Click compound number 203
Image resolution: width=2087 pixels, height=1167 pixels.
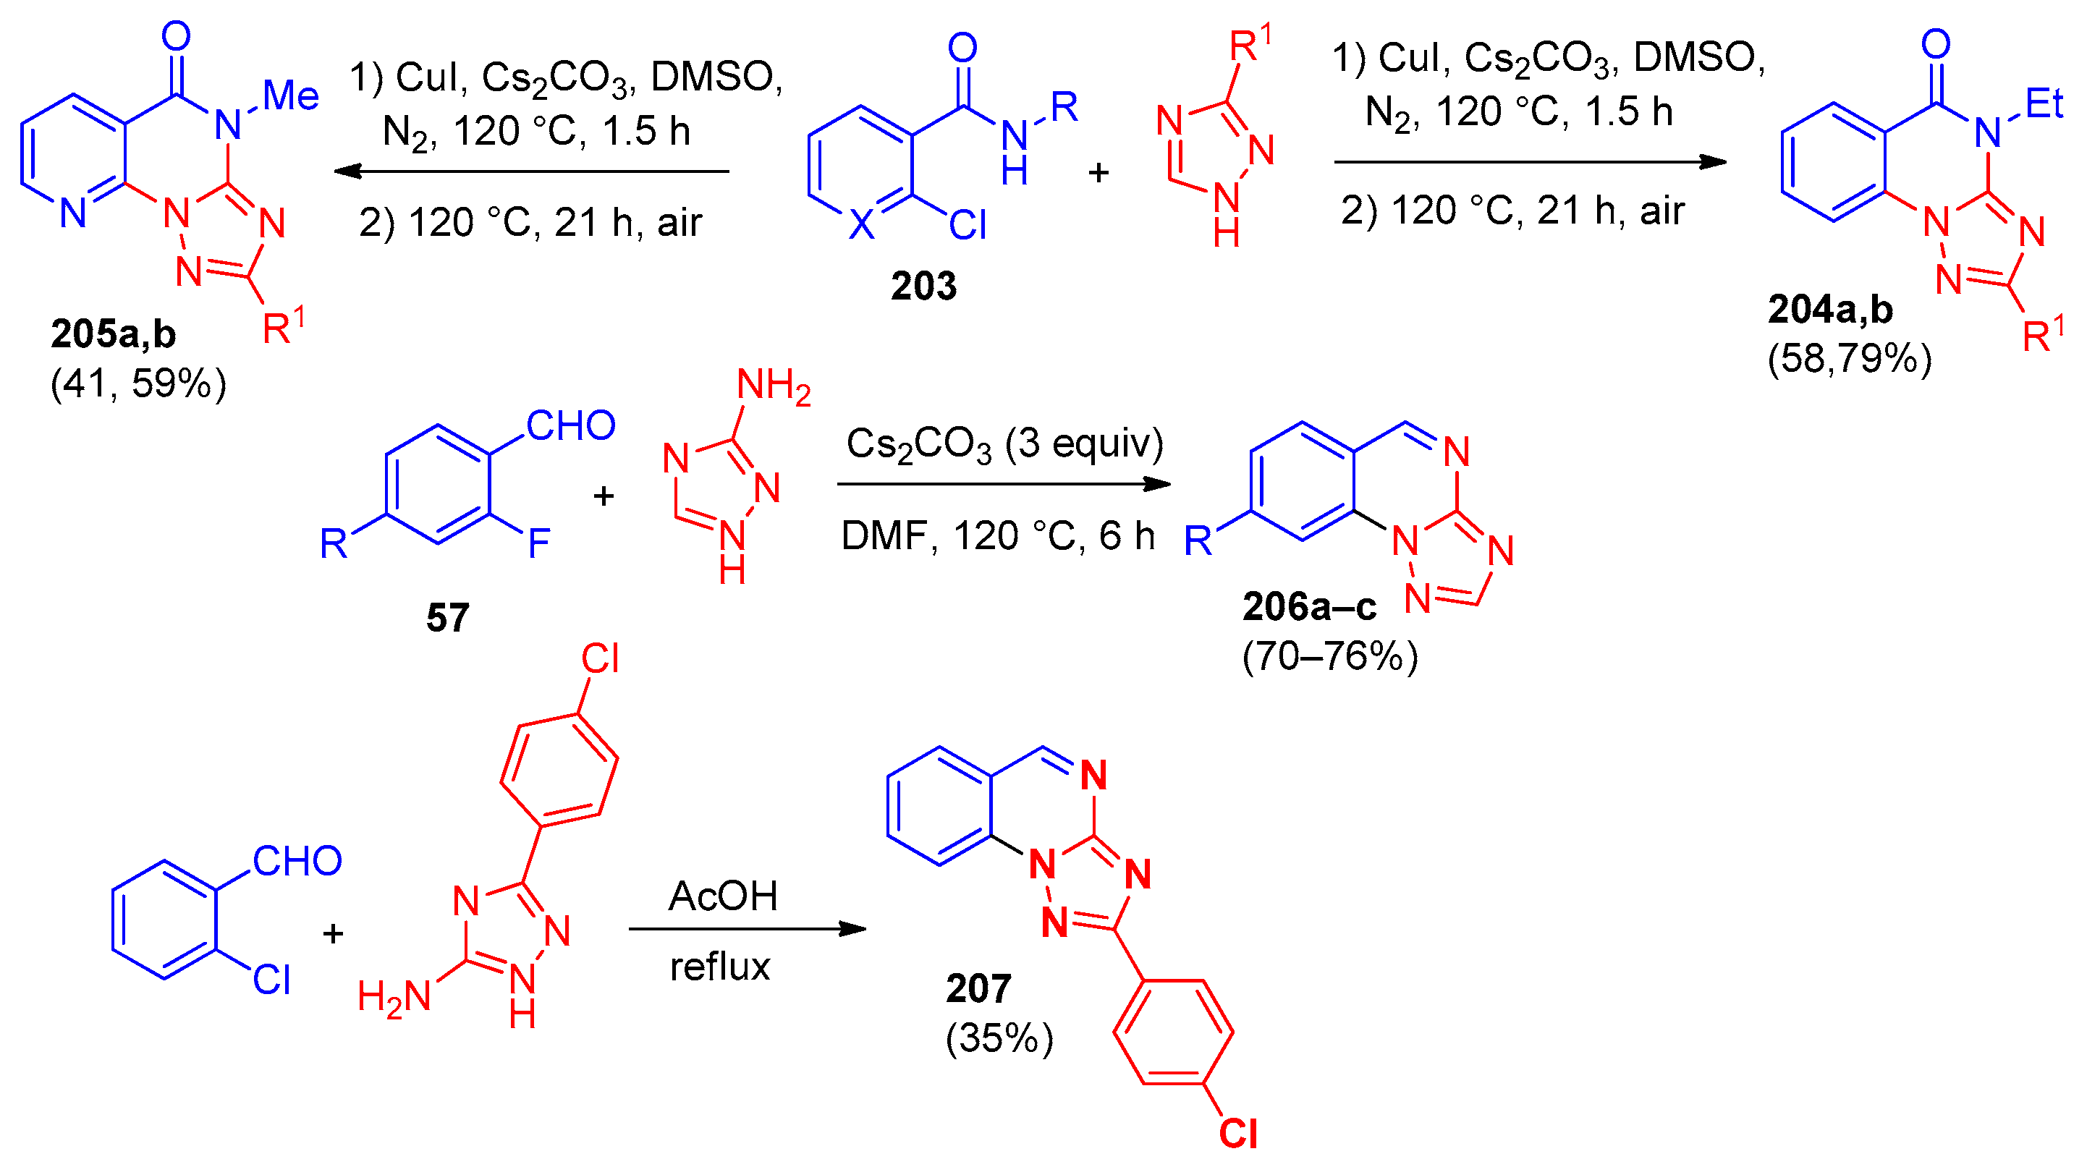(x=923, y=286)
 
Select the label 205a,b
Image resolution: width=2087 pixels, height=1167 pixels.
(x=113, y=334)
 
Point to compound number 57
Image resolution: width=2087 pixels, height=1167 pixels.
(x=447, y=618)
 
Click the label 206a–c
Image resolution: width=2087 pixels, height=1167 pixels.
(x=1309, y=606)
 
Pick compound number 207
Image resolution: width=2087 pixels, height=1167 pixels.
(x=978, y=988)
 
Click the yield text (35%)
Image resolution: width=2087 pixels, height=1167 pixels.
(x=999, y=1038)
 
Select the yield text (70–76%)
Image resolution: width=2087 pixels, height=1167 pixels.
(x=1330, y=656)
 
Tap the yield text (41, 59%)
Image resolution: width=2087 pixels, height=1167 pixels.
(x=138, y=383)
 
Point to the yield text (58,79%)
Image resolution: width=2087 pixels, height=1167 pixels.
(x=1850, y=358)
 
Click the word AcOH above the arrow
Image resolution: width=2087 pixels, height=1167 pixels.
(x=723, y=896)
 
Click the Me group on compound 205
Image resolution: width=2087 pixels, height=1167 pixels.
(x=291, y=96)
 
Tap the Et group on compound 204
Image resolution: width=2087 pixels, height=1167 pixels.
(x=2044, y=103)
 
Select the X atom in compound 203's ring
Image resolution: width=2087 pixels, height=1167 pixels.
(x=862, y=224)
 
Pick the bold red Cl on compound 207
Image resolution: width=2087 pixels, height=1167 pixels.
(x=1238, y=1134)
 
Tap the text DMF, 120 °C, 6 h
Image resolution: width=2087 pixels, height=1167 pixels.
(x=998, y=536)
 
